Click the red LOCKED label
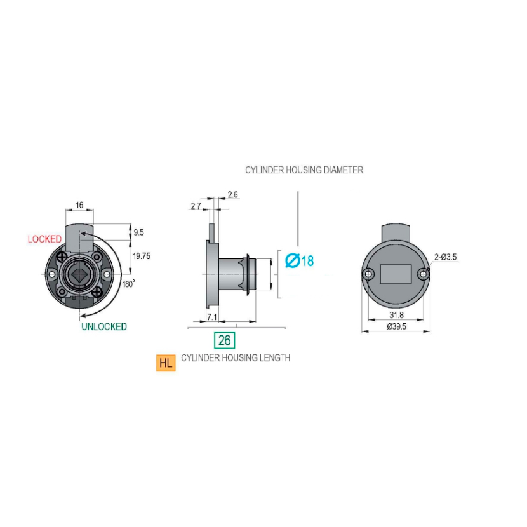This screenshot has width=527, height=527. point(44,239)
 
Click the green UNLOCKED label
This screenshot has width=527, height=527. point(104,327)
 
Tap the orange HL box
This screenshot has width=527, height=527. point(166,363)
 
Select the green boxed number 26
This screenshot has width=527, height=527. point(225,340)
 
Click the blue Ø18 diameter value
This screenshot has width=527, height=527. point(300,261)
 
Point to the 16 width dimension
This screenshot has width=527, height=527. point(79,205)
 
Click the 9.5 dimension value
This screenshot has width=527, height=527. point(138,232)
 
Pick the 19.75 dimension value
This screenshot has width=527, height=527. point(142,256)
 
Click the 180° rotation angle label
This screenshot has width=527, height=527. point(128,284)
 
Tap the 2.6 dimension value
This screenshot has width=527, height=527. point(232,194)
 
